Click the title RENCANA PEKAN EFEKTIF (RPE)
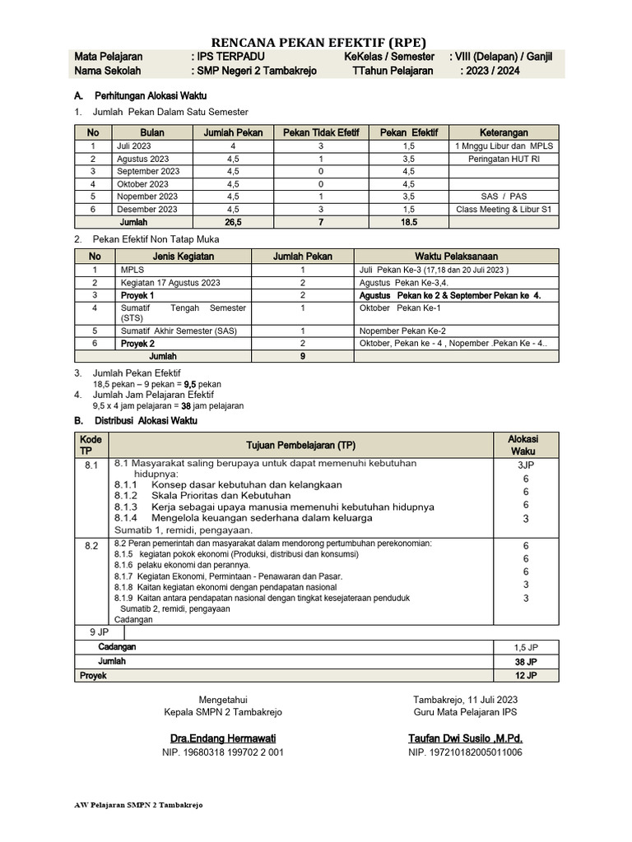(319, 43)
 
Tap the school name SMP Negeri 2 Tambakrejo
(253, 71)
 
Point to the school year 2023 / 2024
(490, 71)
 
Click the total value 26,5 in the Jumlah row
(233, 222)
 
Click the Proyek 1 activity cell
(137, 294)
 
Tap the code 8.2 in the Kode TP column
(91, 545)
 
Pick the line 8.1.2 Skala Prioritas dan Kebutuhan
(202, 496)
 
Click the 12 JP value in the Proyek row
(526, 675)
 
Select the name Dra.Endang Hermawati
(223, 738)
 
